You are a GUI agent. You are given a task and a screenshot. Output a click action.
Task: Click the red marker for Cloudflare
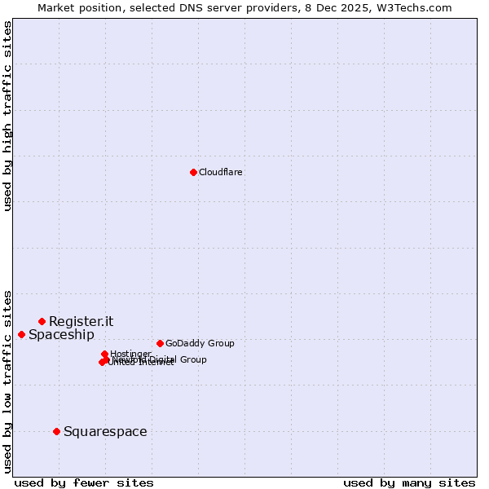[x=193, y=172]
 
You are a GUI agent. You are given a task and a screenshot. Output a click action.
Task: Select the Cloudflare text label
[x=221, y=172]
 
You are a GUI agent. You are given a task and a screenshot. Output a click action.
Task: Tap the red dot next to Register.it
[x=42, y=321]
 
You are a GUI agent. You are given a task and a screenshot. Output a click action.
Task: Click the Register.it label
[x=81, y=321]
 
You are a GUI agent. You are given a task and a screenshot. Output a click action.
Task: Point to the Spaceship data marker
[x=21, y=334]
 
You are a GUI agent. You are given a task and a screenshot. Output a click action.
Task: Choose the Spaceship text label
[x=61, y=334]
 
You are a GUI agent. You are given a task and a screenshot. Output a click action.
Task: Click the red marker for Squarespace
[x=56, y=431]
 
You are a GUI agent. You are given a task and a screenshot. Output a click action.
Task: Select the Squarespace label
[x=105, y=431]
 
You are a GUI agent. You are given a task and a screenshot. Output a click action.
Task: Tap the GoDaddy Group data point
[x=160, y=343]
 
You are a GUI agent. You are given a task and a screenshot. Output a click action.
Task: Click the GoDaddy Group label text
[x=200, y=343]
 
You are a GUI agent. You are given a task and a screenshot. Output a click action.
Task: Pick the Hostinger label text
[x=130, y=354]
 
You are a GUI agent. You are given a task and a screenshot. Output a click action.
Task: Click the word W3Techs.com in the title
[x=416, y=7]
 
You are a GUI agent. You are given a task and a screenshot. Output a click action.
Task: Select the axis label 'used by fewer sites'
[x=84, y=482]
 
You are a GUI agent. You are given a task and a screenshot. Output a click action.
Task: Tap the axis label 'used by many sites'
[x=409, y=482]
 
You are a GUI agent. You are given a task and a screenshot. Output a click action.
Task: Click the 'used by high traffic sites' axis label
[x=7, y=116]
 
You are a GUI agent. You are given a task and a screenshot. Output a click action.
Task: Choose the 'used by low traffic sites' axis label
[x=7, y=381]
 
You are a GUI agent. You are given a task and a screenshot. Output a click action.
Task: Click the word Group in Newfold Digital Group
[x=192, y=359]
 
